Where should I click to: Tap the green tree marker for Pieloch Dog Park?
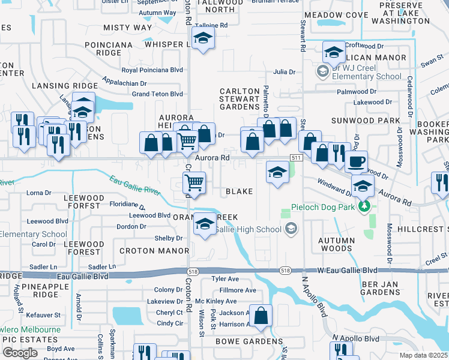click(x=363, y=207)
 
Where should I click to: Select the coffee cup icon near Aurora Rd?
click(x=356, y=162)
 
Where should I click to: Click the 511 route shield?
click(x=295, y=157)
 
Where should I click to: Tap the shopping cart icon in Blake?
click(x=194, y=182)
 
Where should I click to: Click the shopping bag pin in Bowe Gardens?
click(x=261, y=316)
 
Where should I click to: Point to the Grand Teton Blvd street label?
click(x=157, y=94)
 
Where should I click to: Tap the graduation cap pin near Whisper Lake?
click(x=203, y=40)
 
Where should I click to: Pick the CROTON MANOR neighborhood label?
click(x=146, y=250)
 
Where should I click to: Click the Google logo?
click(x=20, y=352)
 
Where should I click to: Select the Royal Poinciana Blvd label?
click(x=152, y=70)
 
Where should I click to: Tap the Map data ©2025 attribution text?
click(x=424, y=355)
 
